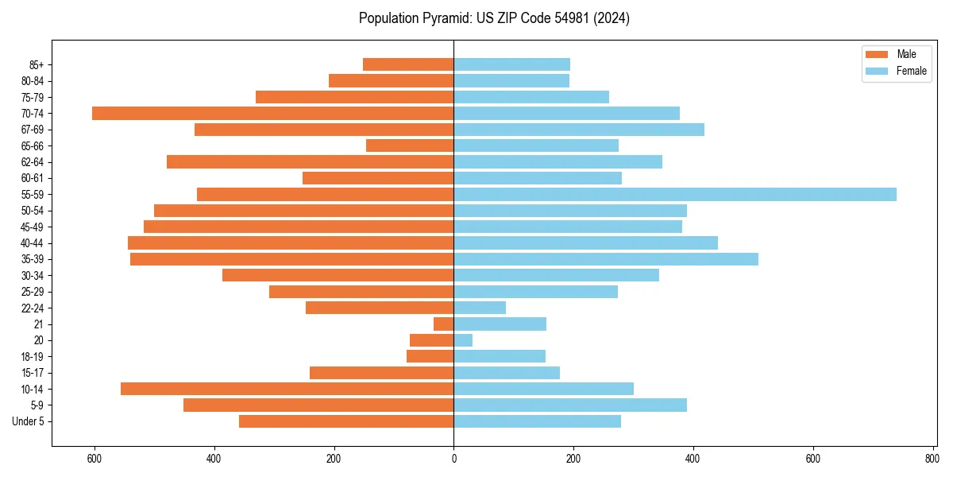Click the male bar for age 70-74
[272, 114]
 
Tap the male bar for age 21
[443, 324]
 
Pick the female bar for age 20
[463, 340]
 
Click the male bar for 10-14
[287, 389]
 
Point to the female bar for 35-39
[606, 259]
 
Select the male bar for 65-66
[410, 145]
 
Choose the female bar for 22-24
[480, 308]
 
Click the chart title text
[494, 18]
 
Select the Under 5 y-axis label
[29, 421]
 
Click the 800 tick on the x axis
[932, 459]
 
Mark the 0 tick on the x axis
[453, 459]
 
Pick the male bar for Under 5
[346, 421]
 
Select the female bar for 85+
[511, 64]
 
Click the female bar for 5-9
[570, 405]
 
